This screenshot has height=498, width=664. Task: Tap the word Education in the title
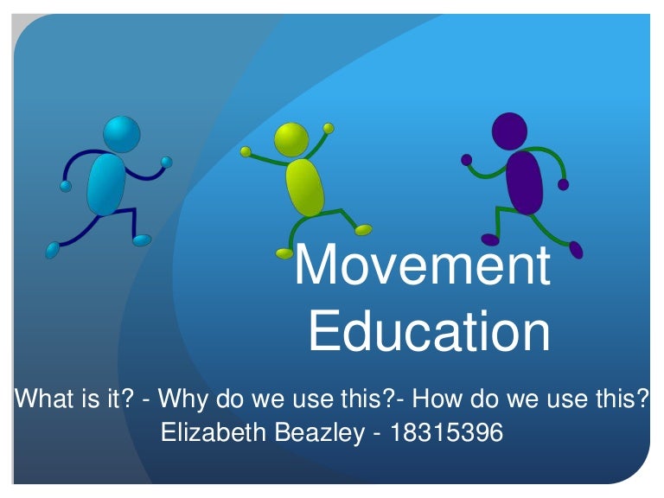[429, 331]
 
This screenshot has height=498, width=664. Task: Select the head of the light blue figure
[121, 134]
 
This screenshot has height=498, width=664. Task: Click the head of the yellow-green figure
[290, 139]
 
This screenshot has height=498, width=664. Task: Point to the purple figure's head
[508, 131]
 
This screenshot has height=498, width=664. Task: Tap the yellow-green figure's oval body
[304, 186]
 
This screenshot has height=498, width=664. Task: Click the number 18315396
[446, 432]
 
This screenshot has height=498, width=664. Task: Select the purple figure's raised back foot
[576, 249]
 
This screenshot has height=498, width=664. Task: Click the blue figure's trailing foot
[53, 250]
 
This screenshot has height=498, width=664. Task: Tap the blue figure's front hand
[167, 162]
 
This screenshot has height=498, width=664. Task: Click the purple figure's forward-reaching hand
[467, 159]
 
